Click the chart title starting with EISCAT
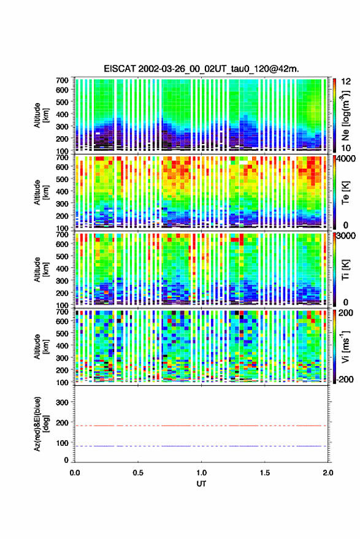click(202, 69)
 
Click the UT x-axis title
click(202, 484)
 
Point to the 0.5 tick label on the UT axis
click(138, 473)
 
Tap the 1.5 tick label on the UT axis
click(265, 473)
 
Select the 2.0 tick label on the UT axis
click(327, 473)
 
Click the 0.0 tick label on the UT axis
click(75, 473)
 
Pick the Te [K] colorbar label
click(345, 193)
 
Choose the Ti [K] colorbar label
click(345, 270)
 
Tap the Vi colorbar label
click(345, 346)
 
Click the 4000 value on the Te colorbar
click(347, 159)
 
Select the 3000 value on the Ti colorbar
click(347, 236)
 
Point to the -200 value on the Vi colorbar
click(345, 380)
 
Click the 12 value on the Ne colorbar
click(347, 82)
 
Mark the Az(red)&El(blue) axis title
click(41, 424)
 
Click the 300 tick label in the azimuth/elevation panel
click(62, 402)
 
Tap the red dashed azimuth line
click(201, 426)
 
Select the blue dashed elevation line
click(201, 446)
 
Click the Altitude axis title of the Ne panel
click(41, 115)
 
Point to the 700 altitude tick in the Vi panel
click(62, 312)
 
